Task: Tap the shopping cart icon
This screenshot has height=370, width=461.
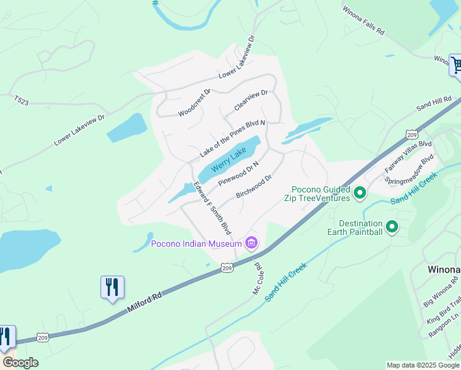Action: click(x=457, y=65)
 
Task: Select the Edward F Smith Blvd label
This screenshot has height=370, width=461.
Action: click(x=212, y=208)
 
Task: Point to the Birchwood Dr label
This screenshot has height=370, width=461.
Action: click(x=254, y=186)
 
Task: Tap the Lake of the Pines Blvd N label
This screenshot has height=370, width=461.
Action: click(x=232, y=139)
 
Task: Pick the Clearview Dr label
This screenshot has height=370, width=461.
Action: click(x=251, y=101)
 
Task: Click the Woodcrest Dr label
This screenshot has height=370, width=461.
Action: click(x=194, y=103)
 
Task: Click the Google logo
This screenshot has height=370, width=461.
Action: click(x=20, y=363)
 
